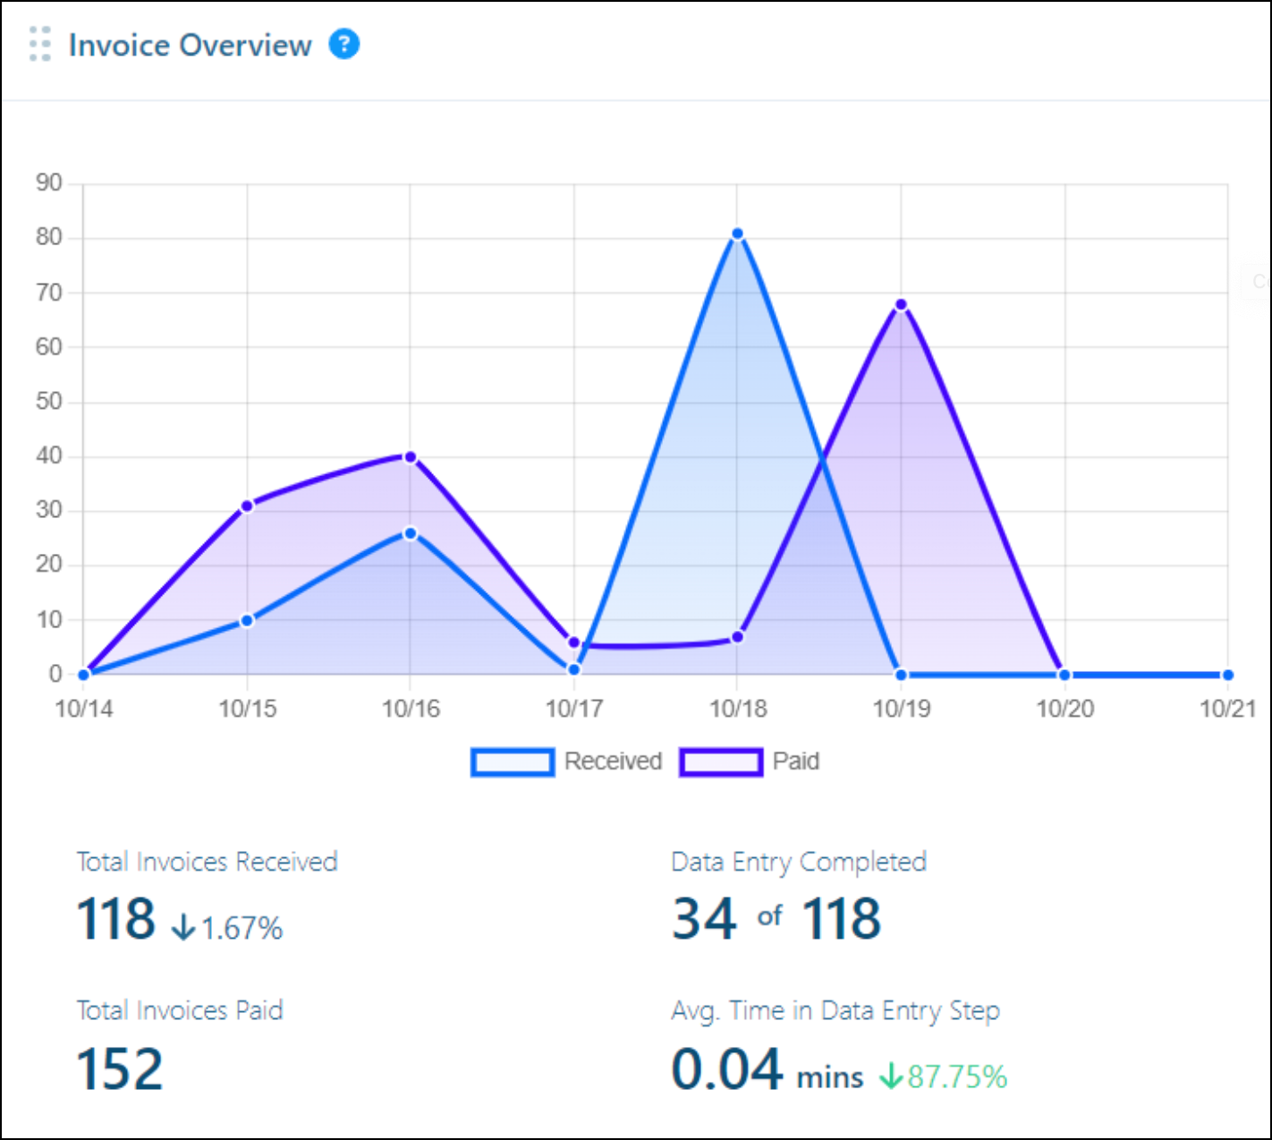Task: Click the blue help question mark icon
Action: click(344, 44)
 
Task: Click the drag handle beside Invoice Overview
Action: click(39, 44)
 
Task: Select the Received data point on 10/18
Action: click(737, 234)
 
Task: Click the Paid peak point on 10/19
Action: click(901, 305)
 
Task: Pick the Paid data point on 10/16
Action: click(411, 457)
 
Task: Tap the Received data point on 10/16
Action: click(411, 533)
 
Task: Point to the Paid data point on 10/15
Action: click(248, 506)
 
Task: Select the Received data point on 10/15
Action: click(248, 620)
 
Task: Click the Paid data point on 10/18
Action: click(737, 637)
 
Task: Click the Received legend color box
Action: click(513, 762)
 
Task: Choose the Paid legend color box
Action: click(721, 762)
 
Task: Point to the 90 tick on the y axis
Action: click(49, 183)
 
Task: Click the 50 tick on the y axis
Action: click(49, 402)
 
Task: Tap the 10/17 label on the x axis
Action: click(574, 709)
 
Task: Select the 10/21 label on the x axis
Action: click(1227, 709)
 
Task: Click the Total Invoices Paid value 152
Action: click(120, 1069)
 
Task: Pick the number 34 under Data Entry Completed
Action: click(705, 919)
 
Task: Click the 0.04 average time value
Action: click(726, 1069)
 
